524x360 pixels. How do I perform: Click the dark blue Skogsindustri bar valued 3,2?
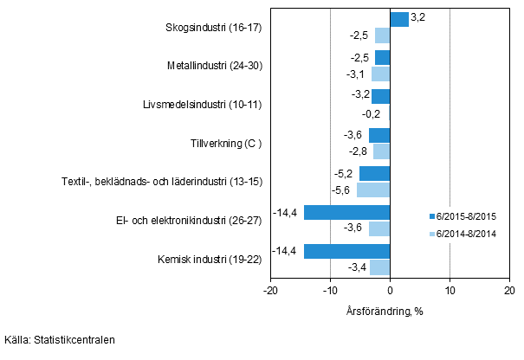point(399,19)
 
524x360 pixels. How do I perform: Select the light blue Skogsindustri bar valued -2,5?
point(382,35)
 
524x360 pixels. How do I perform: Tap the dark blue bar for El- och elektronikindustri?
point(346,212)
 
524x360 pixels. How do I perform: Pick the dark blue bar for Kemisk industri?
point(346,251)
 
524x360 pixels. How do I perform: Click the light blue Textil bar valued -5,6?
point(373,190)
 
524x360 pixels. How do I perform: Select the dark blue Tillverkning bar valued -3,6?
point(379,135)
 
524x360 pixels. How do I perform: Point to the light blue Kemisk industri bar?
point(379,267)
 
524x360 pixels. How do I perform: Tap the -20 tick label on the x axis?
point(270,292)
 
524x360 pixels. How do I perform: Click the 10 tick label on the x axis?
point(450,292)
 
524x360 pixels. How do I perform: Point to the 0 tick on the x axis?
point(390,292)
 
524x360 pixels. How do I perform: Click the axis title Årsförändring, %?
point(390,311)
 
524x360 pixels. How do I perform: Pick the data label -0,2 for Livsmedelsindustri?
point(372,112)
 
